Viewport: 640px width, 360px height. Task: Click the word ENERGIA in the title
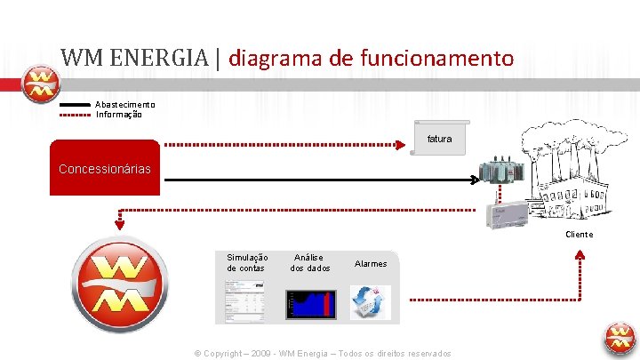[x=156, y=59]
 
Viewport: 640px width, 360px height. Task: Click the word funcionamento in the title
[x=437, y=59]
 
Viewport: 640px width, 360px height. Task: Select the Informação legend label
[x=119, y=114]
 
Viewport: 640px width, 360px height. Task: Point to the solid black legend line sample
[x=75, y=105]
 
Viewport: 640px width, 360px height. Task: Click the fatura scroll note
[x=439, y=138]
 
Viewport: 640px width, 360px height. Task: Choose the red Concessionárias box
[x=105, y=168]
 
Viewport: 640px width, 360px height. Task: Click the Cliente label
[x=579, y=235]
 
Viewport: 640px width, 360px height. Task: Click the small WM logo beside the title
[x=40, y=84]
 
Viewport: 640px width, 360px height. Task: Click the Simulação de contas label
[x=246, y=262]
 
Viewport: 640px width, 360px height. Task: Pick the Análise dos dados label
[x=309, y=262]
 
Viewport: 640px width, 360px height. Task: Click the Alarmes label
[x=371, y=263]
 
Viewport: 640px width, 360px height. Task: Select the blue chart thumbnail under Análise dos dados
[x=308, y=301]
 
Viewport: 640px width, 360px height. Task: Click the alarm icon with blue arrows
[x=369, y=301]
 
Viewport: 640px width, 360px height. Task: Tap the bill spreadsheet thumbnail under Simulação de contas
[x=244, y=301]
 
